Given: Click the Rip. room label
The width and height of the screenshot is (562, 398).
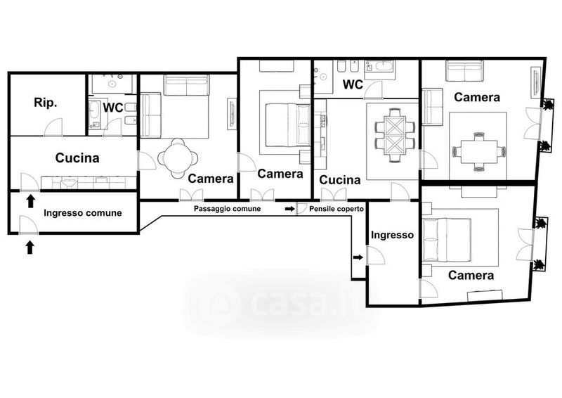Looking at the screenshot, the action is coord(46,103).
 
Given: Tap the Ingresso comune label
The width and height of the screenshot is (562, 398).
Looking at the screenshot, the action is coord(83,213).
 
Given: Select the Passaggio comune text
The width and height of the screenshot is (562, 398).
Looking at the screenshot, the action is coord(227,209).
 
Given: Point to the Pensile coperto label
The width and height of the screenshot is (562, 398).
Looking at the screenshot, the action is coord(336,209).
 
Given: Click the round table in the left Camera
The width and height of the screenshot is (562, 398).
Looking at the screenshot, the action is coord(178,158).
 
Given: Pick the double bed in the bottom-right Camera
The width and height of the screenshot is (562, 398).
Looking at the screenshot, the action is coord(447,240).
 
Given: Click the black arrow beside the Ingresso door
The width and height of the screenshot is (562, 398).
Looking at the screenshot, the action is coord(358,257).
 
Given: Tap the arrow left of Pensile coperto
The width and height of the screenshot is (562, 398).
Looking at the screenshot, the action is coord(289,209).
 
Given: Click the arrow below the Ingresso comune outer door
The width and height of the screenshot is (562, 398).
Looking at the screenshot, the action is coord(30,248).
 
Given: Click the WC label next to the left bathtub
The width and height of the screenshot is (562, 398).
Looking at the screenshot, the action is coord(113,108).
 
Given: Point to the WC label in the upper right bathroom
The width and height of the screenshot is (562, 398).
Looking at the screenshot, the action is coord(353,84).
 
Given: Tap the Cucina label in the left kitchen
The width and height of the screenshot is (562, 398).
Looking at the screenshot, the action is coord(77,158).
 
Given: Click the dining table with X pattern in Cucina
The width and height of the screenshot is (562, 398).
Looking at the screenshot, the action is coord(395,135).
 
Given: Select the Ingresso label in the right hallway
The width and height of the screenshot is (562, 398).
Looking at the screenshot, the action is coord(392,235).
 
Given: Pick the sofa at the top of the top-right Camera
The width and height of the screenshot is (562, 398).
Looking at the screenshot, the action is coord(464,70).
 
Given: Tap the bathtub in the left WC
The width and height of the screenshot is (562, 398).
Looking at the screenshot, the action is coord(96,114).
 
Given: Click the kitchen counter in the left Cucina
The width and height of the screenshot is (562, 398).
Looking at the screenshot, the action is coord(89,183).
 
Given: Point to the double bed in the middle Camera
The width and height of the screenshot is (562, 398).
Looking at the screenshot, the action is coord(287,125).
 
